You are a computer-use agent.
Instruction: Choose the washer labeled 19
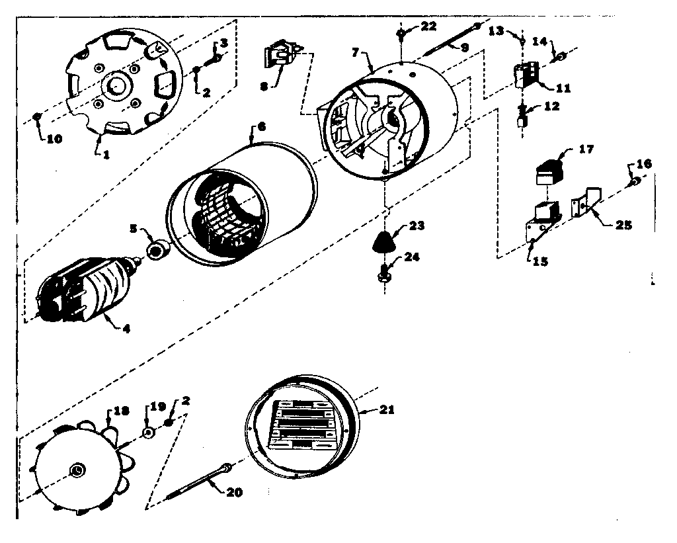[x=149, y=433]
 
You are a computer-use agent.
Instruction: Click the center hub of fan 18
[x=77, y=469]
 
